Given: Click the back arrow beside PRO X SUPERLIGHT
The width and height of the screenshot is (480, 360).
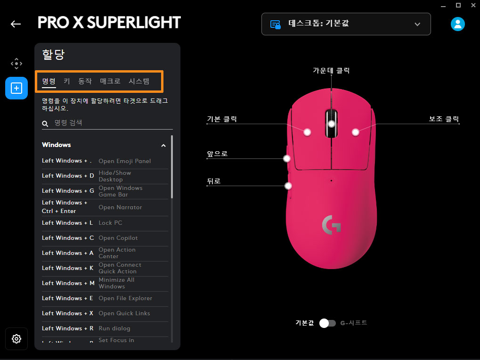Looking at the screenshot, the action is tap(16, 24).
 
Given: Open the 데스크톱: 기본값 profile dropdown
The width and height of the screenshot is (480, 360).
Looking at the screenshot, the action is tap(346, 24).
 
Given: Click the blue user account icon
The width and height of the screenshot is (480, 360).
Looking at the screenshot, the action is tap(457, 24).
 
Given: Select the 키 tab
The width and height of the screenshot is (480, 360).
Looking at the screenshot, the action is tap(67, 81).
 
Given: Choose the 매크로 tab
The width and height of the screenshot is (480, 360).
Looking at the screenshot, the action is tap(110, 81).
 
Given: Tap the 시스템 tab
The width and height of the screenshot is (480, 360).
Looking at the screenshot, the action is tap(139, 81).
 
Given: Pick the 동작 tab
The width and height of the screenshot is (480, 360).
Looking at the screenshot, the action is tap(85, 81).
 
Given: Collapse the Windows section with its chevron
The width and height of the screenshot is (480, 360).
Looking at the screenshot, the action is tap(163, 146).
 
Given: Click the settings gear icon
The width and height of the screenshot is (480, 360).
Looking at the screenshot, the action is tap(16, 339).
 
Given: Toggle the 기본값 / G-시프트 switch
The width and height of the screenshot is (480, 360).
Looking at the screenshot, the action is tap(327, 323).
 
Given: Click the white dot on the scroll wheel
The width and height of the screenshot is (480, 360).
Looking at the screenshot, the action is tap(332, 124).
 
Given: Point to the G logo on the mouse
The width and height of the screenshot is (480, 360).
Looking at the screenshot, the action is tap(331, 225).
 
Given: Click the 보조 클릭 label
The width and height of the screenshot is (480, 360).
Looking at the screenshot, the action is tap(443, 119).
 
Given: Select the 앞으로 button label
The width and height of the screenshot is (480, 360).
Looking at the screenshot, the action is tap(217, 154).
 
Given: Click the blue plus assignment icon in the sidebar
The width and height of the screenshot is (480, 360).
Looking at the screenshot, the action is tap(16, 88).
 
